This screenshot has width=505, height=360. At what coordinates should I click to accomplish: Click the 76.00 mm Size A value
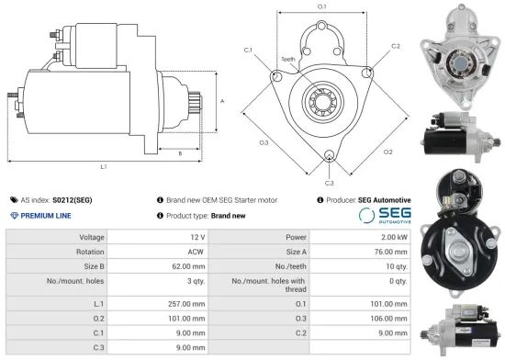390,253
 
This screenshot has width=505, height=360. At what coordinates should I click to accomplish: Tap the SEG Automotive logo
384,216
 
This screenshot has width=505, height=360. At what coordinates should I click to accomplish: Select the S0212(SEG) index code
73,199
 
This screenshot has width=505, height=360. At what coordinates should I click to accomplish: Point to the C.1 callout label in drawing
248,50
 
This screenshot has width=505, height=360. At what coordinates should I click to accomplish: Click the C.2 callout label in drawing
395,45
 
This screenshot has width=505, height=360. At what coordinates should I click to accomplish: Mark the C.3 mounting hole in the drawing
329,154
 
